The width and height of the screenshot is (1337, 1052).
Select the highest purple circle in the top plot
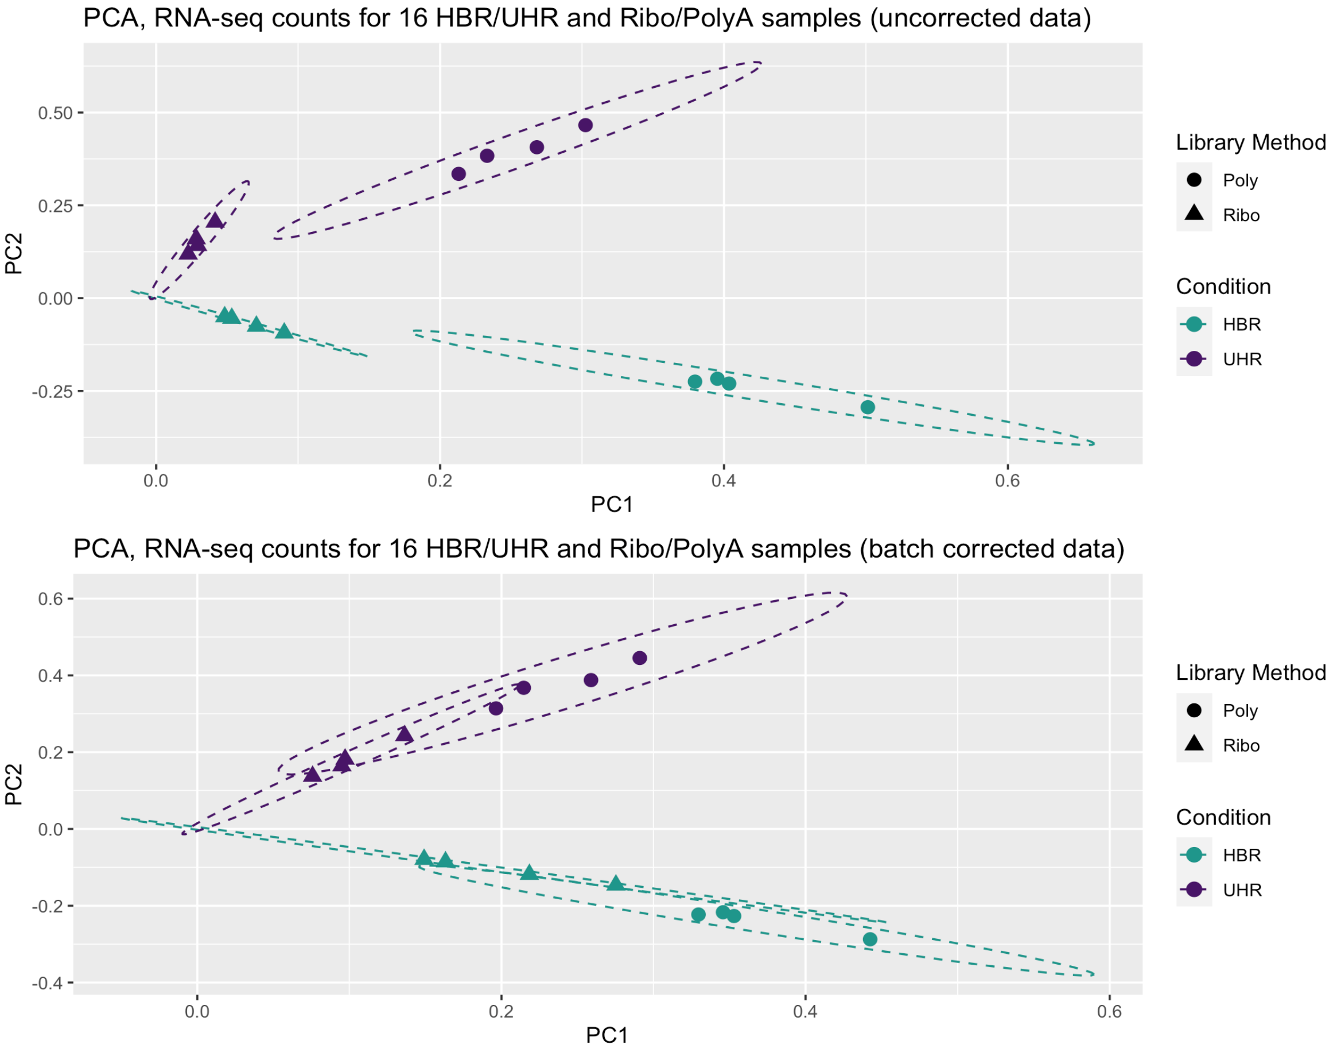[x=585, y=125]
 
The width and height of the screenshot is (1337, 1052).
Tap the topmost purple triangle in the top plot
[x=214, y=221]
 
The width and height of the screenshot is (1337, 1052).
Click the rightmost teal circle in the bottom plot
[x=870, y=939]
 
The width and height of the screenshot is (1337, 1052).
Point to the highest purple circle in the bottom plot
[x=640, y=658]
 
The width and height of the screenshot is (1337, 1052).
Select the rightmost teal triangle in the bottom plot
[x=616, y=884]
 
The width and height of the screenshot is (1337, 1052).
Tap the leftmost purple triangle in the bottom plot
[x=313, y=774]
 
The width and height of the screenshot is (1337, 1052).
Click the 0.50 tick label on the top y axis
[x=56, y=113]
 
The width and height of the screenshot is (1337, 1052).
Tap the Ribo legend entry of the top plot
[x=1241, y=215]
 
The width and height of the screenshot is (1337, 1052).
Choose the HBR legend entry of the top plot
[x=1241, y=324]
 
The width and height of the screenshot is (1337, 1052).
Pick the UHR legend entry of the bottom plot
[x=1242, y=890]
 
